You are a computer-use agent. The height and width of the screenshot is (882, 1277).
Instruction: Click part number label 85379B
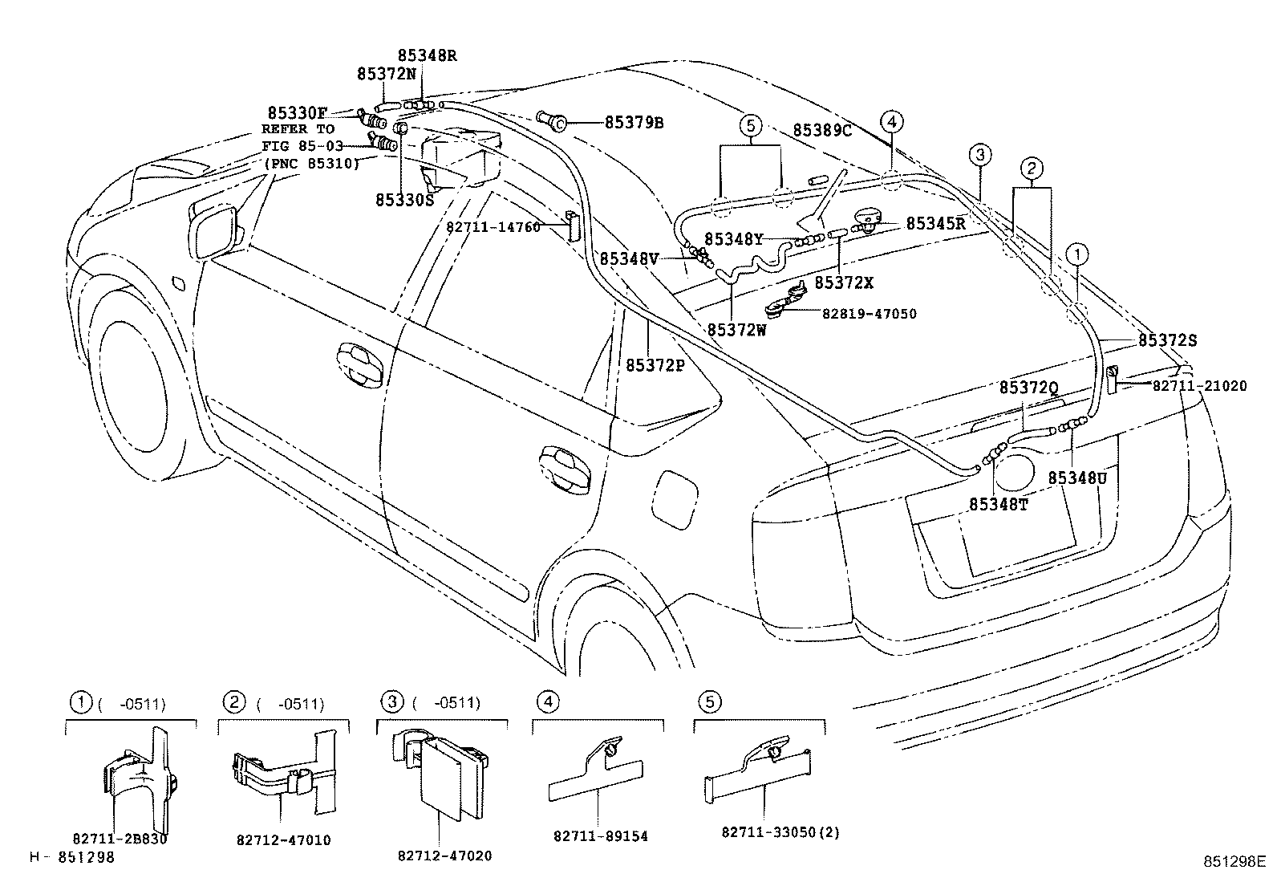tap(634, 123)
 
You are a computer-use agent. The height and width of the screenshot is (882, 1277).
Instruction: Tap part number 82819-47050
tap(869, 314)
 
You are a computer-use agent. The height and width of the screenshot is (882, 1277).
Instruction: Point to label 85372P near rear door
tap(655, 365)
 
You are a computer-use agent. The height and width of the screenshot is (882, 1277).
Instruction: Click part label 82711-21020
tap(1199, 386)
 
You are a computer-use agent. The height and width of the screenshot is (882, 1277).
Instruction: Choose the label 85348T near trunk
tap(998, 504)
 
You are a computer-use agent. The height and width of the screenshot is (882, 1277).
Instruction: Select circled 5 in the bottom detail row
tap(709, 702)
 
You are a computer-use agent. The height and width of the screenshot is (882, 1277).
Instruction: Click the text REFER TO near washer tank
tap(298, 129)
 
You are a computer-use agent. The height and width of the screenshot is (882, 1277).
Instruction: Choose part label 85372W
tap(736, 328)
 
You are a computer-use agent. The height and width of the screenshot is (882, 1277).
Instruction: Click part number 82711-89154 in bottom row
tap(600, 836)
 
